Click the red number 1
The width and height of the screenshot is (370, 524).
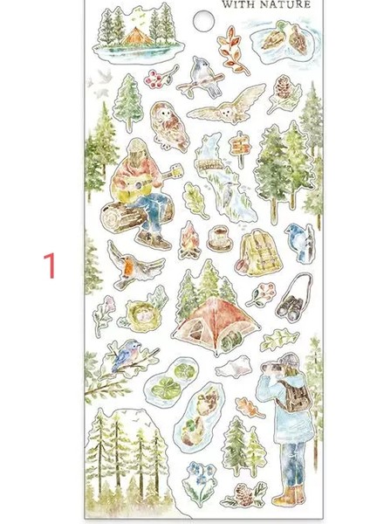50,265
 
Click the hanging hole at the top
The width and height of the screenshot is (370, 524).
203,21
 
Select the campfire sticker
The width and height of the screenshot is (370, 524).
189,240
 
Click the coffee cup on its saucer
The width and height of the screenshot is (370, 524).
219,238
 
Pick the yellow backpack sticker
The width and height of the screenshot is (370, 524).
259,252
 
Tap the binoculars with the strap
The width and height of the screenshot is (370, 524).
293,297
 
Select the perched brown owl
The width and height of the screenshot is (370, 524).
168,127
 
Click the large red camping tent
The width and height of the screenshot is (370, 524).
216,325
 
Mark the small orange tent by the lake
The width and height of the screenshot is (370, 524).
137,37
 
